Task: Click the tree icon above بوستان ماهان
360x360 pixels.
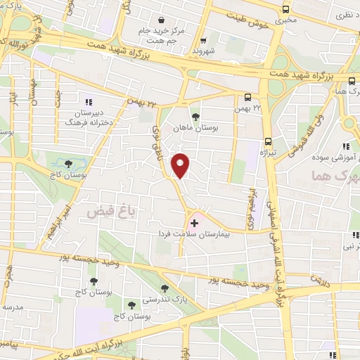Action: (x=195, y=117)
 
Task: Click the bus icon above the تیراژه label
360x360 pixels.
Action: (x=268, y=139)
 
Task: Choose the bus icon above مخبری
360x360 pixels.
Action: (x=285, y=9)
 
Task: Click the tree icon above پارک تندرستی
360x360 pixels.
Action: (x=165, y=288)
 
